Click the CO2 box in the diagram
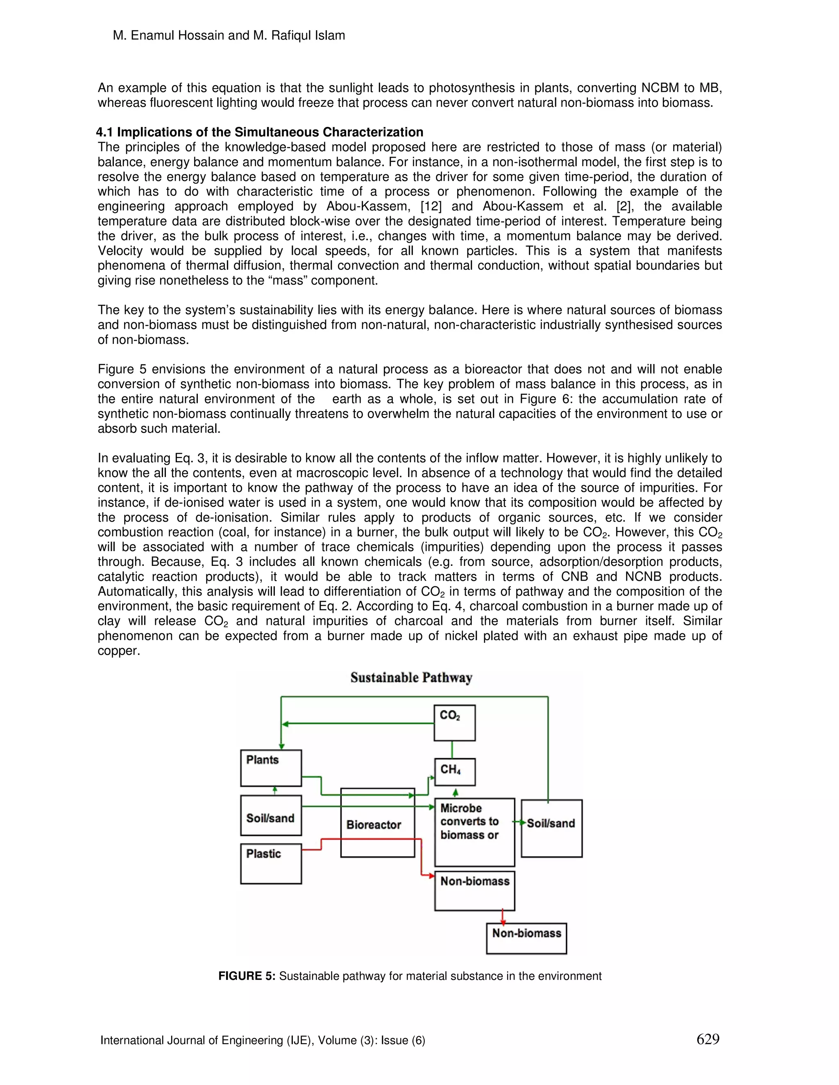(x=454, y=722)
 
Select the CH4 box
(x=454, y=771)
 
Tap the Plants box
(x=271, y=768)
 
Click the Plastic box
(x=271, y=863)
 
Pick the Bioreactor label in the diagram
(x=374, y=825)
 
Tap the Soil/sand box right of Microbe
(x=552, y=828)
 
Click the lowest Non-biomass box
(x=526, y=938)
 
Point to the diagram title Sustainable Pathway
(x=411, y=678)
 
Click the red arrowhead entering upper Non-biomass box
(x=431, y=875)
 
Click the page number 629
(x=708, y=1039)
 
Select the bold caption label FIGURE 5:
(x=247, y=976)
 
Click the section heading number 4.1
(x=104, y=132)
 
